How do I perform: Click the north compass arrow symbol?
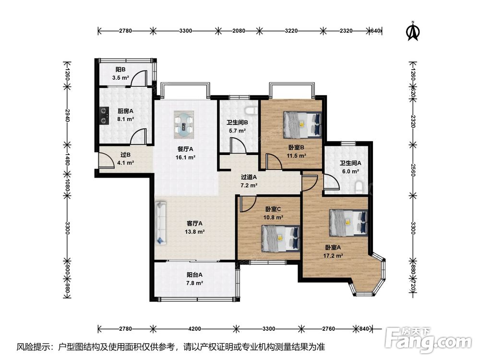coord(413,31)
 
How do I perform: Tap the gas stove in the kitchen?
coord(104,115)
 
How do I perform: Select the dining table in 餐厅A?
coord(184,123)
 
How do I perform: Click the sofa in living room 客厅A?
coord(161,223)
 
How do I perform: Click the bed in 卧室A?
coord(348,223)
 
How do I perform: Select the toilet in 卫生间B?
coord(252,110)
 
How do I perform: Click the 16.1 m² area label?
coord(185,157)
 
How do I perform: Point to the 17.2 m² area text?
coord(333,256)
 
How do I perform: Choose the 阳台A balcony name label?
coord(194,275)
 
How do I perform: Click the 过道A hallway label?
coord(249,177)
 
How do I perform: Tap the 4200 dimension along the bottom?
coord(195,329)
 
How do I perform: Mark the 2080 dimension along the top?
coord(239,31)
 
